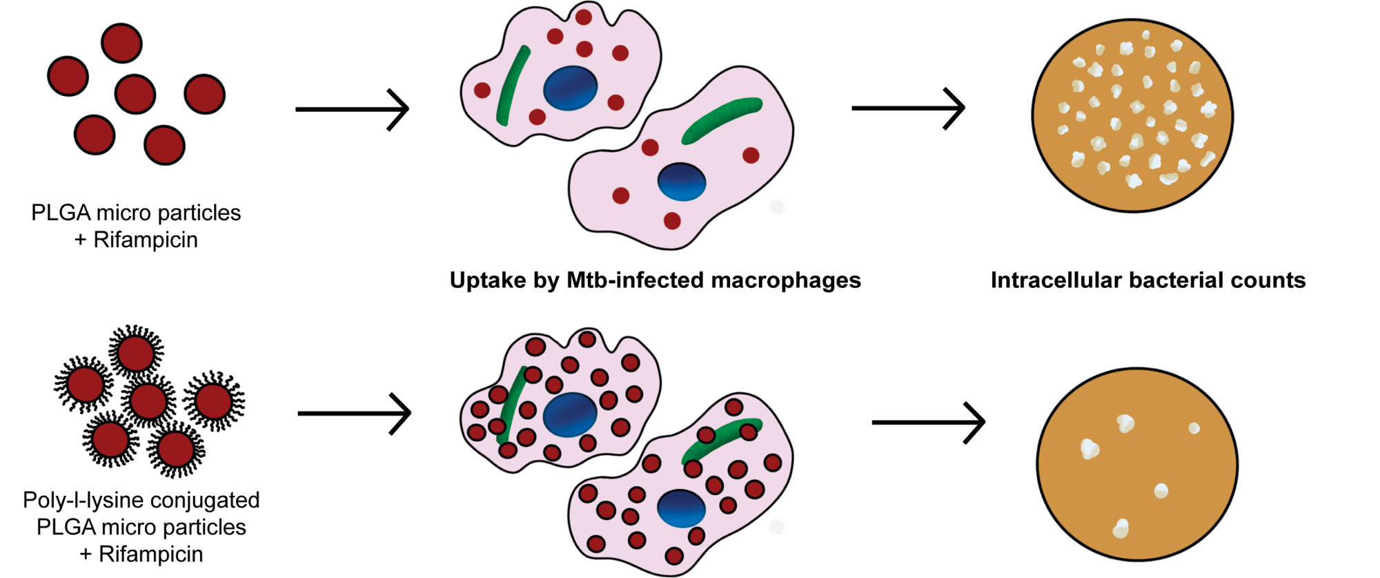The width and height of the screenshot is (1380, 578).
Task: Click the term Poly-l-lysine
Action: [x=76, y=500]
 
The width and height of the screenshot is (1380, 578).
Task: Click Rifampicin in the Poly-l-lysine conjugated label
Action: [x=150, y=554]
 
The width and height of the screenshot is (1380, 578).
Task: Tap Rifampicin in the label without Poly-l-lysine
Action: [x=145, y=240]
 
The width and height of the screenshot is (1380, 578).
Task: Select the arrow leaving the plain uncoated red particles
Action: [x=352, y=109]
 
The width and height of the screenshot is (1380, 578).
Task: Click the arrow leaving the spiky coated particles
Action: [x=354, y=414]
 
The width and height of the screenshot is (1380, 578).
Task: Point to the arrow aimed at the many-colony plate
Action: [x=908, y=108]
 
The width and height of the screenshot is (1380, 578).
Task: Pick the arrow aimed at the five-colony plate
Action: [x=928, y=422]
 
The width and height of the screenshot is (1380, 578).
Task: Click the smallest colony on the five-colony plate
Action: [x=1194, y=428]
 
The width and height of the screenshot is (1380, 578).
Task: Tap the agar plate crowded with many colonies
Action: [x=1132, y=115]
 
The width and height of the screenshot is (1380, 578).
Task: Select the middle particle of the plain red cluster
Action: [x=135, y=94]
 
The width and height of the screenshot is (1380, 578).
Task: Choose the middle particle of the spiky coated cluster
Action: [x=148, y=401]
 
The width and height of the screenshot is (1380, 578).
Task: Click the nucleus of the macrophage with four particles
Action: [x=681, y=182]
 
